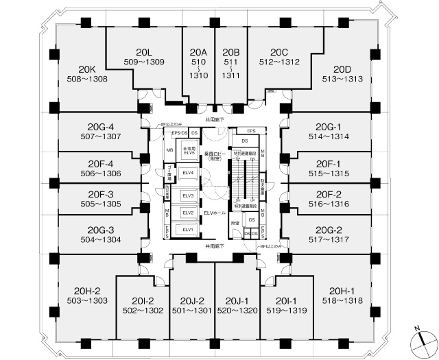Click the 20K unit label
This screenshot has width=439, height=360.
86,69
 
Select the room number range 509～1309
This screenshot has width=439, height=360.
143,62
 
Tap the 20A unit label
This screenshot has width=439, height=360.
198,52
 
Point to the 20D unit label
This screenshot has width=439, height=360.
342,69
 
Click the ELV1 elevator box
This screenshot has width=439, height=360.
187,230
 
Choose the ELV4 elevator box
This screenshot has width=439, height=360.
187,172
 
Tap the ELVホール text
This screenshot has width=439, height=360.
215,214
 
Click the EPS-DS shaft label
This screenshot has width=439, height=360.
180,132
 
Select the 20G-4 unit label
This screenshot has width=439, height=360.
100,127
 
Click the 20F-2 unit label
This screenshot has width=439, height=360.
329,194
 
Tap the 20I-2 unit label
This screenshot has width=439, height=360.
142,300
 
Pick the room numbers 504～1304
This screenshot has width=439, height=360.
100,240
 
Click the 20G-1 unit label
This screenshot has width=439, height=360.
329,127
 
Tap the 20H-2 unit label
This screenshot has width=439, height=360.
88,291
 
